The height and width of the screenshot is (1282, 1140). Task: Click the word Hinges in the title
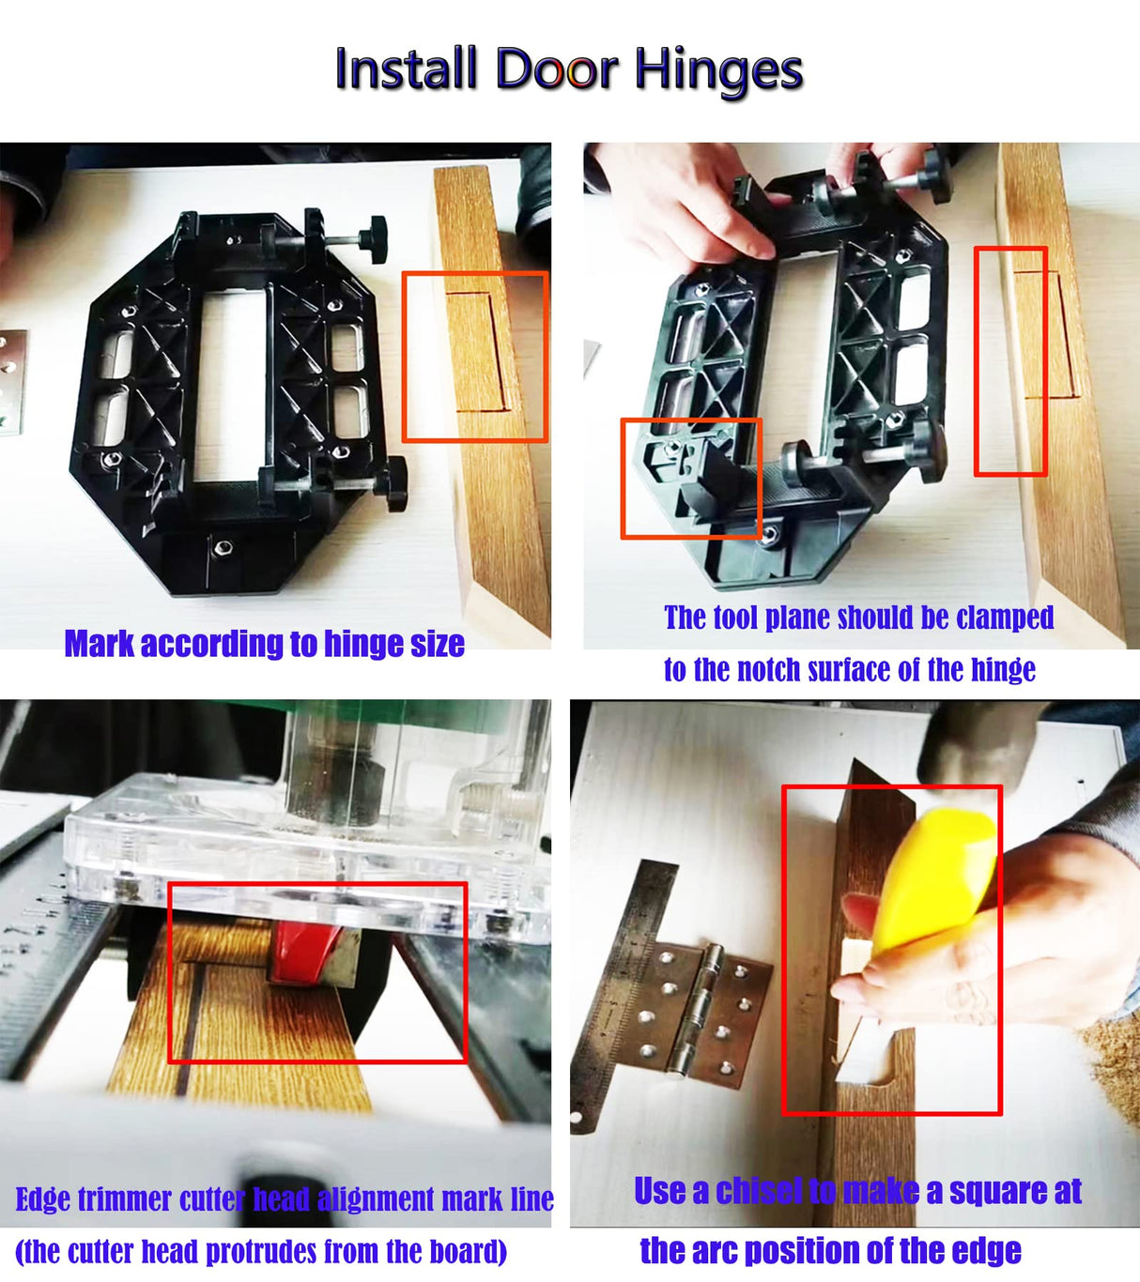coord(718,70)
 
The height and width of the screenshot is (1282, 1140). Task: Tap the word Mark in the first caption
coord(99,644)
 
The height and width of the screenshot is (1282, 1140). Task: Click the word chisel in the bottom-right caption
coord(759,1191)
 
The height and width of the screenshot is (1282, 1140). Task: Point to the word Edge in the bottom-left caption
coord(42,1199)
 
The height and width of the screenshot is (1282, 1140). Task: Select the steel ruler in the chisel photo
coord(620,976)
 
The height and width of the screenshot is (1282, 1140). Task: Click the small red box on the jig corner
coord(690,478)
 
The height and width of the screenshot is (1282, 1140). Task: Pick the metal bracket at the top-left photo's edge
coord(11,381)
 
